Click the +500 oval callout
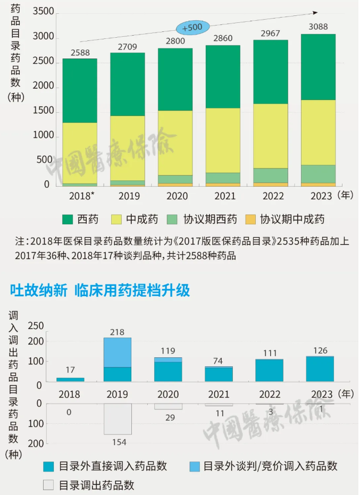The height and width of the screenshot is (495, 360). [192, 27]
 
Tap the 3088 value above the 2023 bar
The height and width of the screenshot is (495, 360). [319, 27]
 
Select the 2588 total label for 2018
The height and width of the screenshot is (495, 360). [80, 52]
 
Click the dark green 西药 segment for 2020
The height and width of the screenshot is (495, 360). [175, 80]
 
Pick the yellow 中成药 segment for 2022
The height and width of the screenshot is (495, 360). [271, 136]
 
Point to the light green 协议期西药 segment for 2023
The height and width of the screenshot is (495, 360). [319, 174]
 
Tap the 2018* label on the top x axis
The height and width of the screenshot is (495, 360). [82, 196]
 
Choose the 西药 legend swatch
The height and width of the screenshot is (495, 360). [68, 219]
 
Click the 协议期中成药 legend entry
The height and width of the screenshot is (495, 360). [284, 219]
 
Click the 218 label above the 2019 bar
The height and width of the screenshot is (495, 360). [117, 332]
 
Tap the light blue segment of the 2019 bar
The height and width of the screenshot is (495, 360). [118, 353]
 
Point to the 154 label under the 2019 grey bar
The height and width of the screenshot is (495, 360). [118, 442]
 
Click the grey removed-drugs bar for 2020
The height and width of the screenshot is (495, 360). [168, 407]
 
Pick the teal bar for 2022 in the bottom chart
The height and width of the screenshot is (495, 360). [269, 371]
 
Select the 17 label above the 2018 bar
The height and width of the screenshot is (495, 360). [70, 370]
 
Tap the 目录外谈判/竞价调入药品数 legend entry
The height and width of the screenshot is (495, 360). [263, 466]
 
